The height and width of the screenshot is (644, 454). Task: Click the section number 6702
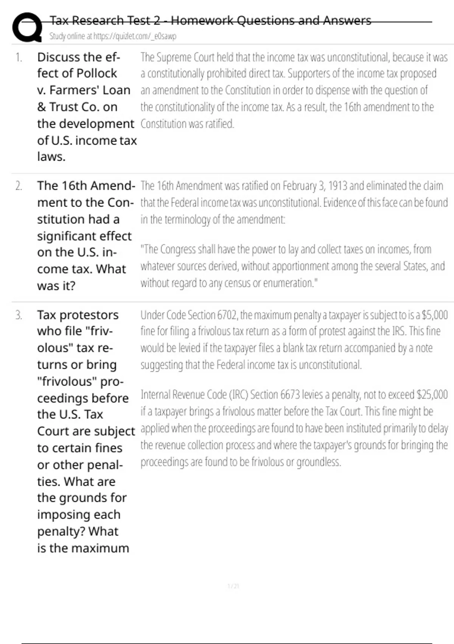tap(227, 315)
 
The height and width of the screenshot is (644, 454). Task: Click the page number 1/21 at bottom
tap(233, 586)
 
